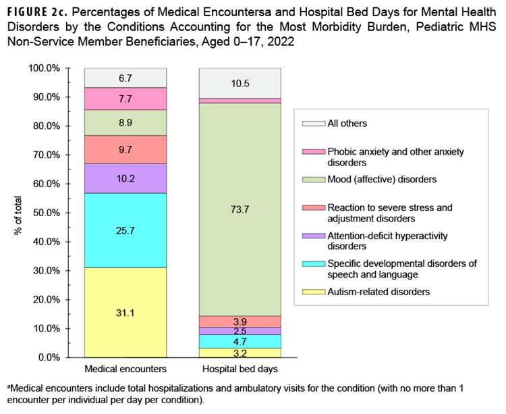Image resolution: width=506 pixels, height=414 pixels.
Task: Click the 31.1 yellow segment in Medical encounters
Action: tap(125, 312)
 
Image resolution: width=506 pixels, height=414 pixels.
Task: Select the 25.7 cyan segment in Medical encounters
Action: tap(125, 230)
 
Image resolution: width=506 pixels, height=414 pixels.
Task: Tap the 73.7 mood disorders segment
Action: tap(240, 209)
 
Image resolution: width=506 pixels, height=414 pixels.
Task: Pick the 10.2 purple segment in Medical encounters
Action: tap(125, 178)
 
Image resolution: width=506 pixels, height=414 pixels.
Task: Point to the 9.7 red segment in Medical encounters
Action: tap(125, 149)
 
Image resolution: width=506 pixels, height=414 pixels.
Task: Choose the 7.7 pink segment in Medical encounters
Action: tap(125, 99)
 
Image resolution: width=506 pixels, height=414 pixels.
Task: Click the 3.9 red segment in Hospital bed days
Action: tap(240, 321)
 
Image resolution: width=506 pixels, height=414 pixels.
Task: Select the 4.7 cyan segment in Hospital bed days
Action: tap(240, 341)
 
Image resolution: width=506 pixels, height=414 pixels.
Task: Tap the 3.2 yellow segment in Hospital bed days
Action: tap(240, 353)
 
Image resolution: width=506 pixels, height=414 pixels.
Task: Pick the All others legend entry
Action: tap(347, 124)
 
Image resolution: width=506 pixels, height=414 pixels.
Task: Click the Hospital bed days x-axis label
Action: tap(240, 369)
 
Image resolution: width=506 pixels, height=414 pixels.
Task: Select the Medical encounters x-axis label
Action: tap(125, 369)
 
